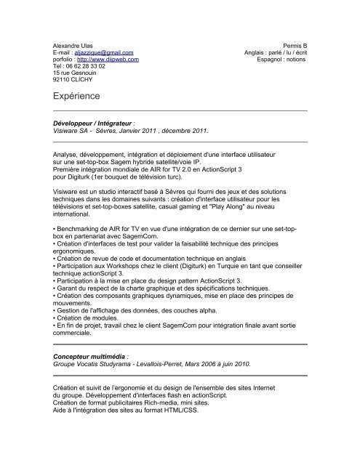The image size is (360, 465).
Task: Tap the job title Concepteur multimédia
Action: point(91,358)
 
